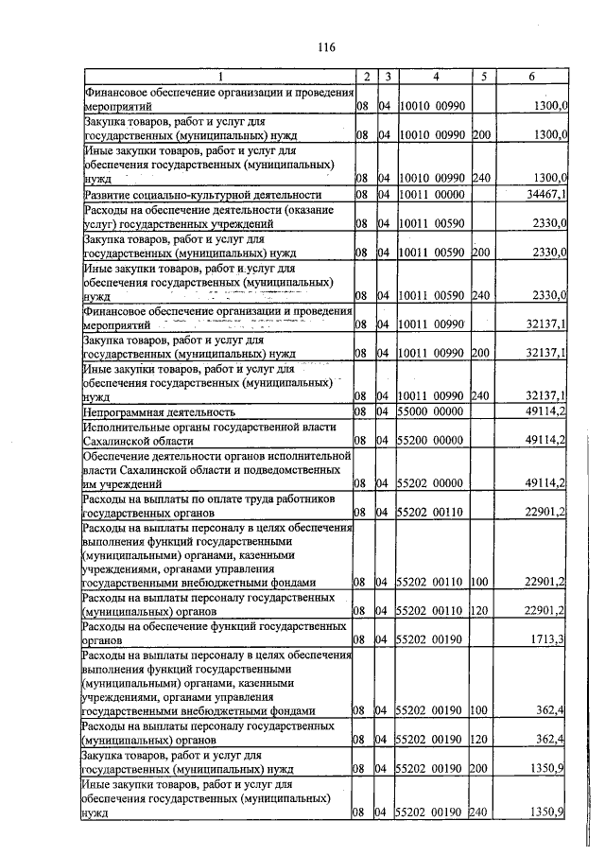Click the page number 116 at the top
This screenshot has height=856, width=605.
pyautogui.click(x=327, y=47)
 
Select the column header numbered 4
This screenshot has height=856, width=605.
pyautogui.click(x=435, y=76)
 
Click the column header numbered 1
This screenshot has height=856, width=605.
pyautogui.click(x=218, y=76)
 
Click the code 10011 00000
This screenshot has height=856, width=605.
pyautogui.click(x=431, y=195)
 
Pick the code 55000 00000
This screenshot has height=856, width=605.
pyautogui.click(x=431, y=412)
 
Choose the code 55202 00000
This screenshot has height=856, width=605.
pyautogui.click(x=431, y=483)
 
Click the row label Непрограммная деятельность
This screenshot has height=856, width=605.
pyautogui.click(x=160, y=412)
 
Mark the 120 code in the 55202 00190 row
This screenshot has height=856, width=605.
pyautogui.click(x=478, y=740)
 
